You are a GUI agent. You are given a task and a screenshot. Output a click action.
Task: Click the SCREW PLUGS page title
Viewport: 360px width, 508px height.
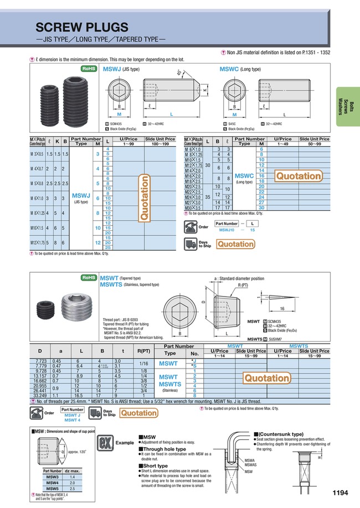tap(82, 27)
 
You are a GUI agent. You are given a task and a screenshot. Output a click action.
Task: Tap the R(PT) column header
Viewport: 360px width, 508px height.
tap(143, 351)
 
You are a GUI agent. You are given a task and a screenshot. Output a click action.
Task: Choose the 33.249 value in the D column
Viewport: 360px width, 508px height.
tap(48, 396)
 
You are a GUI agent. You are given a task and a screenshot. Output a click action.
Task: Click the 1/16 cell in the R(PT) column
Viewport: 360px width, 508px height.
tap(143, 362)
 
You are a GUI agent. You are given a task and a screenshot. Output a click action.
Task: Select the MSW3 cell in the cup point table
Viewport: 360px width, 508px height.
tap(52, 476)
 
